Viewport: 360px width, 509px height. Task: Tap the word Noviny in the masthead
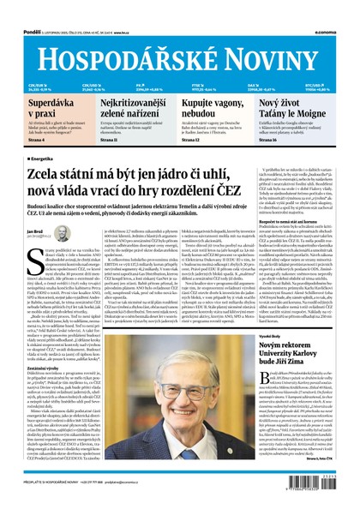[x=280, y=35]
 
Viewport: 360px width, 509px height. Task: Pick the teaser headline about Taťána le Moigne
[x=312, y=107]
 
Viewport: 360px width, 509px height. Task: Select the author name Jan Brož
[x=35, y=231]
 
